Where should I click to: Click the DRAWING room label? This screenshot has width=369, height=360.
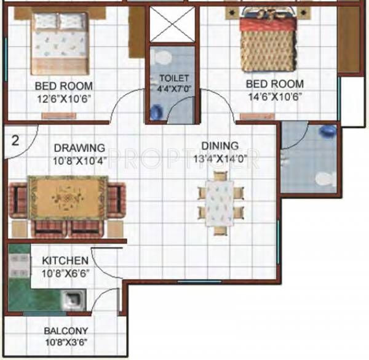pos(79,148)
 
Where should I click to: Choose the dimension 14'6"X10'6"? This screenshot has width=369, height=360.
pos(275,96)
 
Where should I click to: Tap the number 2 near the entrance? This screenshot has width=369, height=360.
pos(16,140)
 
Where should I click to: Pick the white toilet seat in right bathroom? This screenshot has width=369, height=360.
pos(324,179)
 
